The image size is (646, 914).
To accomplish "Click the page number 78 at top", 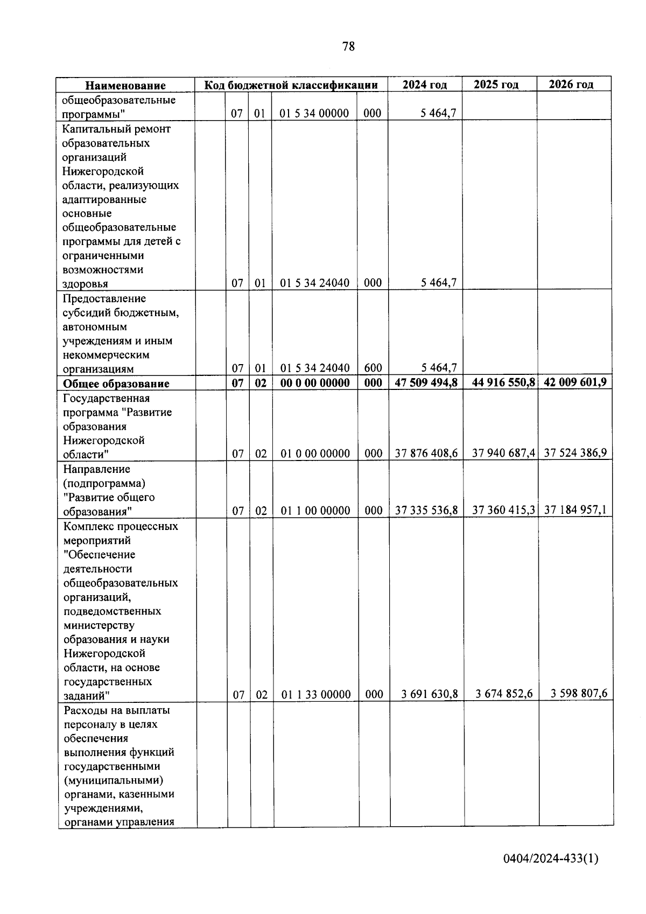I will [x=348, y=46].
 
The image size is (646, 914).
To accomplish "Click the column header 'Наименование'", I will [x=125, y=85].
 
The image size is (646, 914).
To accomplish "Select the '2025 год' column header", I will [x=496, y=85].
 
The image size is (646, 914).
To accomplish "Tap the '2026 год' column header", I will [x=571, y=85].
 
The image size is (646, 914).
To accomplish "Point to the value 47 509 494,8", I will [x=426, y=382].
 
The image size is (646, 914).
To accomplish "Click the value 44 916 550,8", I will [x=503, y=382].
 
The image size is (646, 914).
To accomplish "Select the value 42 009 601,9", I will [x=575, y=382].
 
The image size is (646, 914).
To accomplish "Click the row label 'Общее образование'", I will [x=116, y=383].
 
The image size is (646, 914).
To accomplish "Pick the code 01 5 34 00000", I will [x=314, y=114].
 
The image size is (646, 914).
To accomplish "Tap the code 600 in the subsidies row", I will [x=373, y=368].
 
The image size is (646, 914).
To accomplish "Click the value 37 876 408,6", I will [x=426, y=453].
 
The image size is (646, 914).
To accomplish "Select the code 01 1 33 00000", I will [x=315, y=695].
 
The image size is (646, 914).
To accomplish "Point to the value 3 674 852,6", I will [x=504, y=694].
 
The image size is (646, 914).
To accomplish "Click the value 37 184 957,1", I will [x=575, y=510].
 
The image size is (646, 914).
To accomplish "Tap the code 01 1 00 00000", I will [x=315, y=511].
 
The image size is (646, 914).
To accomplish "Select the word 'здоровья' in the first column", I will [x=85, y=284].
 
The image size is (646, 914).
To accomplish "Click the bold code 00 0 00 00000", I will [x=315, y=383].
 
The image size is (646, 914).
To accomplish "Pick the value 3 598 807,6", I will [x=579, y=694].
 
